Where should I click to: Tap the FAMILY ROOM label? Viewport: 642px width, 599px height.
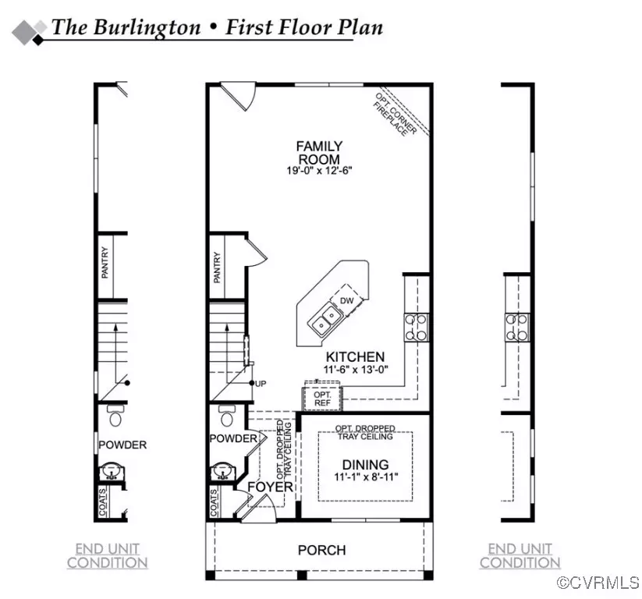click(x=318, y=152)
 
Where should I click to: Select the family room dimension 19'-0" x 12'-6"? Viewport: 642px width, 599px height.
click(x=318, y=172)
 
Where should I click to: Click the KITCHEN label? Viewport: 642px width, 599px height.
click(x=355, y=356)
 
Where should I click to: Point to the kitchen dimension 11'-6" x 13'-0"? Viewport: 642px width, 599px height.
click(x=355, y=370)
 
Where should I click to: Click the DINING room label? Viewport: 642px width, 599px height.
click(x=364, y=464)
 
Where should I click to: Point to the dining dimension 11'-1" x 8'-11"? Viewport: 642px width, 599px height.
click(x=364, y=477)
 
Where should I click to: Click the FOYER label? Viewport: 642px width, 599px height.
click(x=270, y=487)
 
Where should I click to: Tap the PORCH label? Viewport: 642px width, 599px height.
click(x=321, y=550)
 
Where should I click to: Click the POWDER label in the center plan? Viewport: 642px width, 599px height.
click(x=233, y=438)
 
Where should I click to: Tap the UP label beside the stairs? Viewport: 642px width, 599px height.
click(x=263, y=384)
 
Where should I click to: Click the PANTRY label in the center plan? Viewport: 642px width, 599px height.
click(x=218, y=268)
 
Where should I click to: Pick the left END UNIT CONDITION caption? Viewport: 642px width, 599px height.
click(x=107, y=555)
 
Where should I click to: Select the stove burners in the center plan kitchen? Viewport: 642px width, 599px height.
click(x=415, y=327)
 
